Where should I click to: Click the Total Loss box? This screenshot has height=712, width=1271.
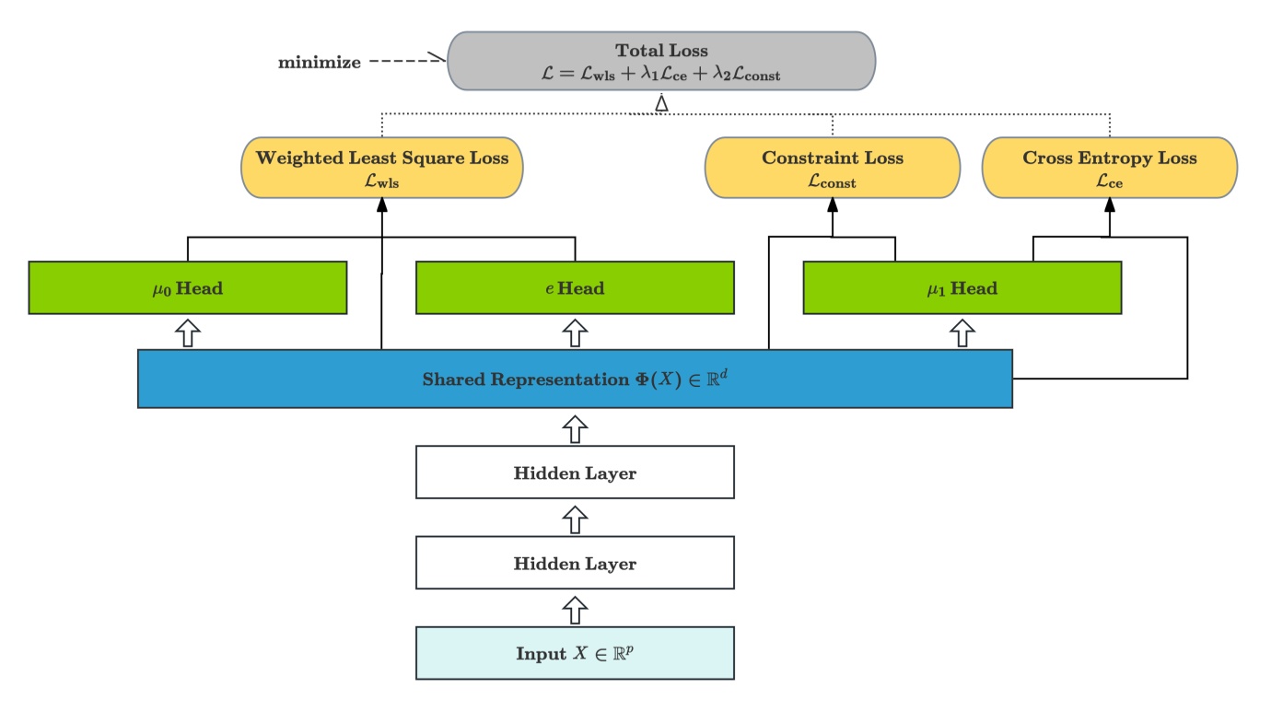tap(660, 61)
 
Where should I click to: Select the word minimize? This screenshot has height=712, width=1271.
tap(320, 64)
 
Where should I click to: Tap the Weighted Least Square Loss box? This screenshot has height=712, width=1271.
tap(381, 168)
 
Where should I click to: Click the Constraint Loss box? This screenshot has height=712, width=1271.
tap(832, 168)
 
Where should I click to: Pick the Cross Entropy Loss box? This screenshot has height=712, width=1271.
tap(1109, 168)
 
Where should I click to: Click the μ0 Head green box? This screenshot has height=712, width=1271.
tap(188, 287)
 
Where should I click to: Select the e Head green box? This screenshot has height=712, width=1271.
tap(575, 287)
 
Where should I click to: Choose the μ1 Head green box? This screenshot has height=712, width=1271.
tap(962, 287)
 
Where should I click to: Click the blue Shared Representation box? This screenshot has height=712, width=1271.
tap(575, 379)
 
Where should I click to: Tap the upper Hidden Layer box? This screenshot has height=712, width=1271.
tap(575, 473)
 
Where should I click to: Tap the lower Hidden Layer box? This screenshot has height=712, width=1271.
tap(575, 563)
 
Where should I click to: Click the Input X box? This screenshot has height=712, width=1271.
tap(575, 653)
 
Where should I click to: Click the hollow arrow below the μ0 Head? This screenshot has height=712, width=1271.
tap(188, 333)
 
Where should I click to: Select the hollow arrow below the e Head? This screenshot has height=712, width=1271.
tap(575, 333)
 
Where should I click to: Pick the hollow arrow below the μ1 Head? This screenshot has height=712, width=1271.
tap(962, 333)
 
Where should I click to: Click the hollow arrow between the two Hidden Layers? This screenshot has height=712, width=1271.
tap(575, 518)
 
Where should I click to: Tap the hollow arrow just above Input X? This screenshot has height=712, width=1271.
tap(575, 608)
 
